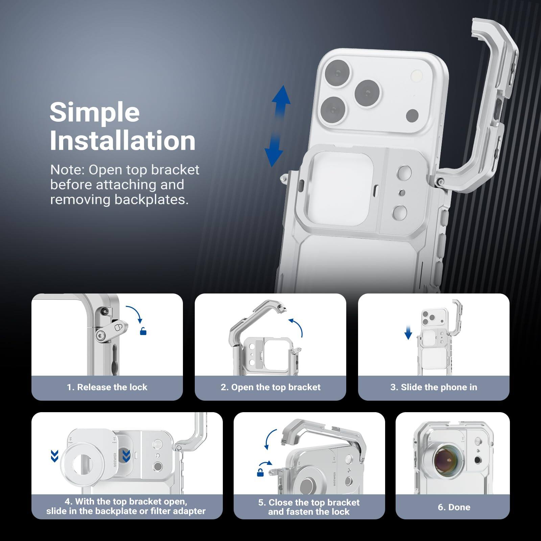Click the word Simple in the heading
[x=95, y=112]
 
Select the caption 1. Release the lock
[x=107, y=387]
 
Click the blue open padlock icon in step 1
[x=143, y=331]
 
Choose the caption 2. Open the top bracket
[x=270, y=387]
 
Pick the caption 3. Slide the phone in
[x=433, y=387]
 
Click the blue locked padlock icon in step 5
[x=260, y=473]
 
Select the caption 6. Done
[x=454, y=507]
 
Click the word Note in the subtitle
[x=67, y=170]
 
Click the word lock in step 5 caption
[x=340, y=512]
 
